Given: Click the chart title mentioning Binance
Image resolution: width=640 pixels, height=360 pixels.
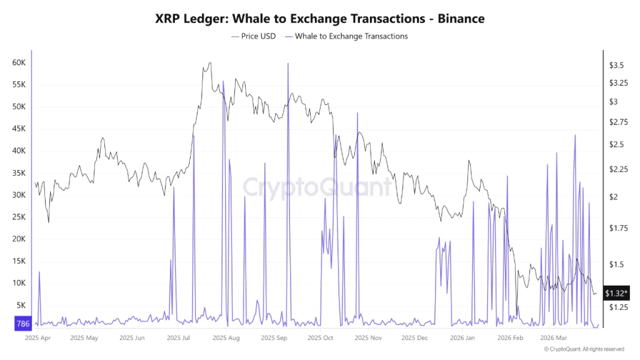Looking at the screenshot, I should (319, 18).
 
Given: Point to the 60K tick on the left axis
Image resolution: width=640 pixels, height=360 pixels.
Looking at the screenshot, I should (18, 63).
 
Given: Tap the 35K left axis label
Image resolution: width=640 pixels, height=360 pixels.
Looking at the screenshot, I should (18, 173).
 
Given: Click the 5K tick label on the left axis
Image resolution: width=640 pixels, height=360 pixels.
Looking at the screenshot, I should (20, 305).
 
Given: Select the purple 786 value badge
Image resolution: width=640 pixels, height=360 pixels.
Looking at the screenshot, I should (22, 323).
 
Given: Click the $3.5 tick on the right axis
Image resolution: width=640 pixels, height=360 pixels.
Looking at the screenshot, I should (616, 66).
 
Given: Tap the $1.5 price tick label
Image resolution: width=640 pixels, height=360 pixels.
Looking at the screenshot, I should (616, 264).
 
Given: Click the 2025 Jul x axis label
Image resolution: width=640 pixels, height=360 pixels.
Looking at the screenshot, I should (178, 338).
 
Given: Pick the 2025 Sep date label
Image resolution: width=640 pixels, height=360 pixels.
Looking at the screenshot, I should (273, 338).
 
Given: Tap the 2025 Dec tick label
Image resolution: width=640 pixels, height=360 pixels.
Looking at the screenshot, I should (414, 338).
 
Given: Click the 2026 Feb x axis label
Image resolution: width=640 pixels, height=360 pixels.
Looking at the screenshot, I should (509, 338).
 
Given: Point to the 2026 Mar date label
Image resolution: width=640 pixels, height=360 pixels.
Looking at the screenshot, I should (552, 338).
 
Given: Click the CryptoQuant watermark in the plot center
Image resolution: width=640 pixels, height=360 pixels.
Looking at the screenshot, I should (317, 186).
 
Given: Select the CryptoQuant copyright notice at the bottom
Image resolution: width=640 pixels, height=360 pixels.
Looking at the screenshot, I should (584, 349).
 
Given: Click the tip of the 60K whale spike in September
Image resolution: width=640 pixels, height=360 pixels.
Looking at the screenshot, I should (287, 64).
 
